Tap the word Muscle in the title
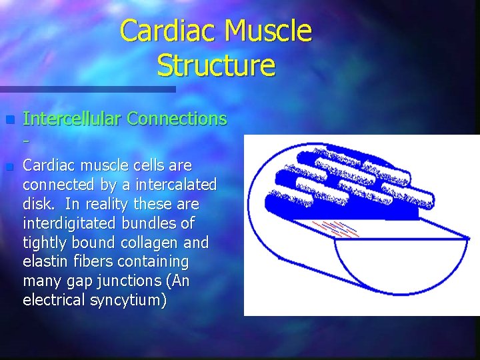click(267, 32)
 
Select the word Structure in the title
click(216, 66)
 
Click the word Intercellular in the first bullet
click(72, 119)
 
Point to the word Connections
click(177, 119)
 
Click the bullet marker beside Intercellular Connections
click(9, 120)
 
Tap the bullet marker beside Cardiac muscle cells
click(9, 166)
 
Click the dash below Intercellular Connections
click(25, 141)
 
